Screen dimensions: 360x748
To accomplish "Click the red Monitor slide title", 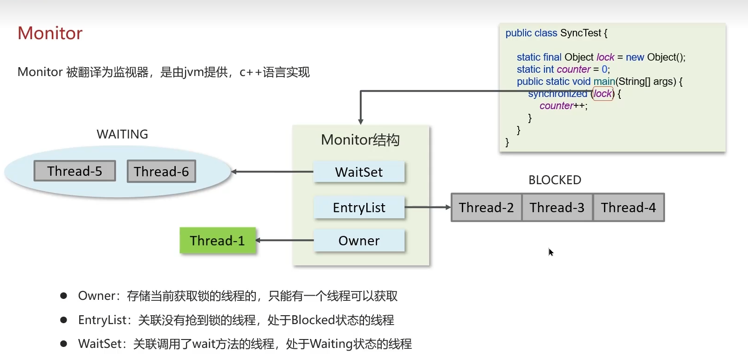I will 50,33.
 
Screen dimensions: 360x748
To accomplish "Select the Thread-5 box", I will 75,171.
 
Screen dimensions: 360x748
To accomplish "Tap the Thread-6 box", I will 161,172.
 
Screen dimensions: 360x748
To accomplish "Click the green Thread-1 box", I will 218,241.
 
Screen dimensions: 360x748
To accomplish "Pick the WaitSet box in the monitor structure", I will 359,172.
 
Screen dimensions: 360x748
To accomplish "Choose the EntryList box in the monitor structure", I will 359,208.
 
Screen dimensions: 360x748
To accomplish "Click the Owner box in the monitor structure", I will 359,241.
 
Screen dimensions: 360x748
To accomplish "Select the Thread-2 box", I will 486,208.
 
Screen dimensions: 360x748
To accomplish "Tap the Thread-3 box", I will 557,208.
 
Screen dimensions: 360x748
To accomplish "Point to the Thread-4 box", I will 628,208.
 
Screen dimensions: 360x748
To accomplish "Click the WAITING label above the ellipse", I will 122,134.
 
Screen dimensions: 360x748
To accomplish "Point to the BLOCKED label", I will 555,180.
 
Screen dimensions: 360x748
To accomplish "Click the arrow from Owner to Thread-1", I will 284,240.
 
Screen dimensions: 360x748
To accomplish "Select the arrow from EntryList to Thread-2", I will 427,207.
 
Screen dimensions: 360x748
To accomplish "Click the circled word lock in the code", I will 603,94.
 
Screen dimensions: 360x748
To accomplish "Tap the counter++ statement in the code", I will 563,106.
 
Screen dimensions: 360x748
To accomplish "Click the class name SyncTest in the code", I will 581,33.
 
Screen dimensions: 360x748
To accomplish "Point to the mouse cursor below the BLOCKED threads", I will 551,252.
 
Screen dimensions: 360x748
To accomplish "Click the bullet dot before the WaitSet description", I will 64,344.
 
